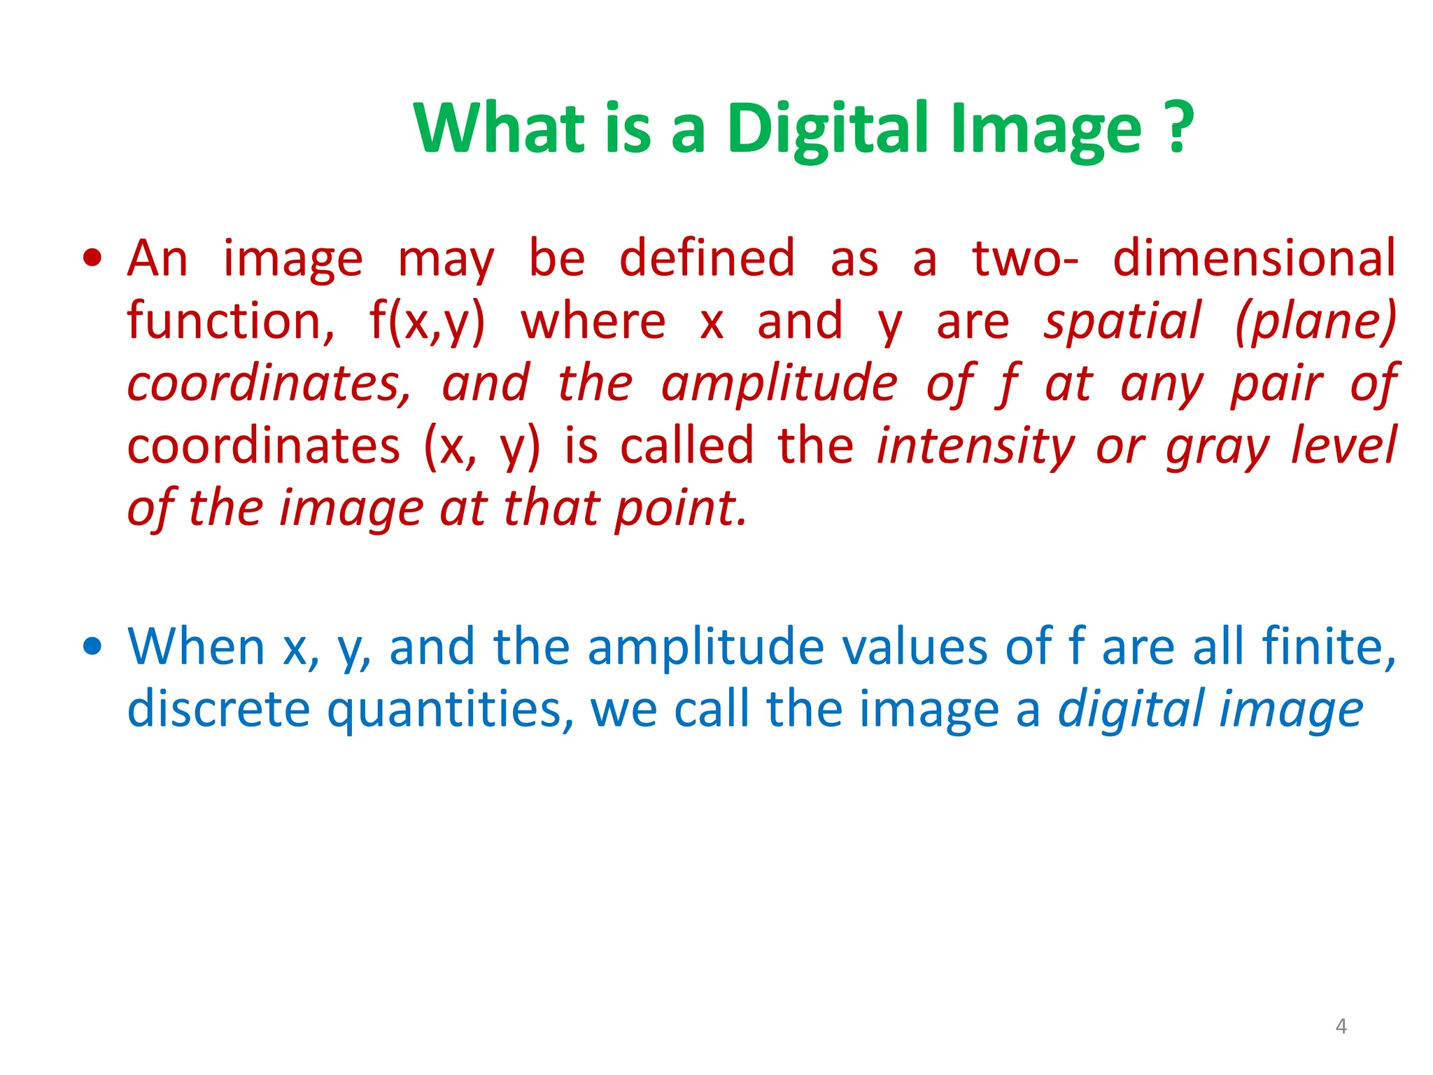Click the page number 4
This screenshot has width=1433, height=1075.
click(x=1341, y=1026)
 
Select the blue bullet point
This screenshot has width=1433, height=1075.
click(x=92, y=646)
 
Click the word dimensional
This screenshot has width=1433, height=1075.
click(x=1254, y=259)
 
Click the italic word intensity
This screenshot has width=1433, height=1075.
click(x=975, y=447)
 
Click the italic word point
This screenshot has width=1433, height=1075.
click(x=680, y=509)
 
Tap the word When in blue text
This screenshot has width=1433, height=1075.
click(x=197, y=647)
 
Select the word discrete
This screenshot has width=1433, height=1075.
click(x=218, y=709)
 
